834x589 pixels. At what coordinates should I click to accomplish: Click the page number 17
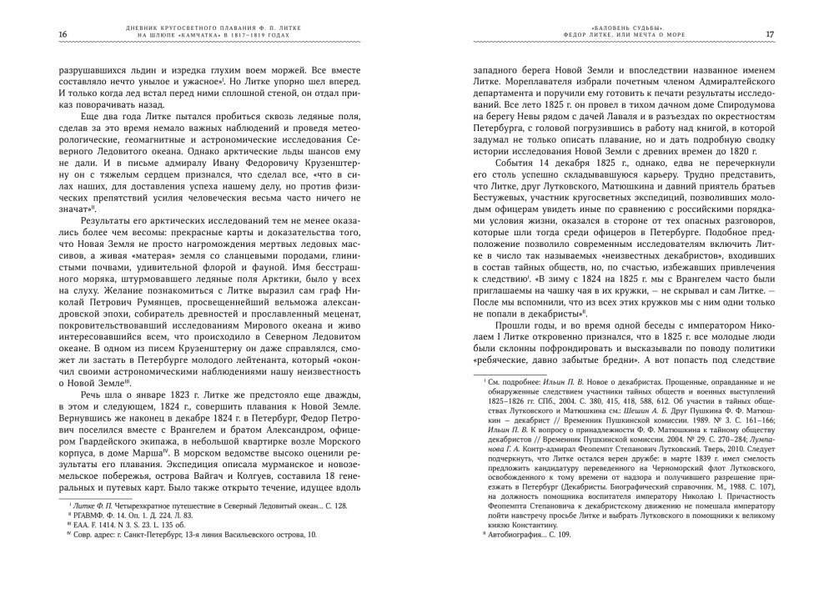pos(770,34)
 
